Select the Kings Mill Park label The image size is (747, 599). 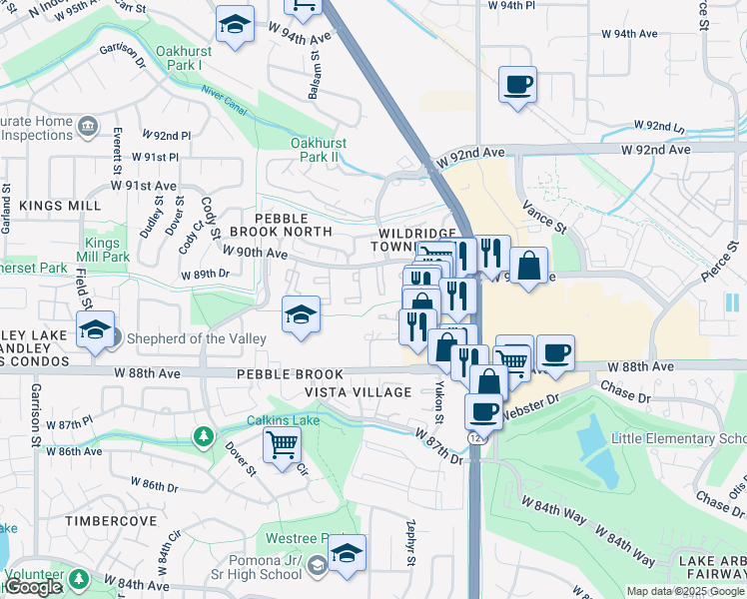[x=108, y=250]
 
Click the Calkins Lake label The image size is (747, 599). [x=284, y=420]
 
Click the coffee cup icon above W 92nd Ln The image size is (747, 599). [x=517, y=85]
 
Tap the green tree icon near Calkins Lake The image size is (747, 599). [x=204, y=436]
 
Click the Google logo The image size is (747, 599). [x=33, y=587]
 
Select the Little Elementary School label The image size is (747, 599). [x=679, y=439]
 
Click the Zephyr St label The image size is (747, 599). [x=410, y=542]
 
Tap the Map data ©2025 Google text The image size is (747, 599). [x=685, y=591]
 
